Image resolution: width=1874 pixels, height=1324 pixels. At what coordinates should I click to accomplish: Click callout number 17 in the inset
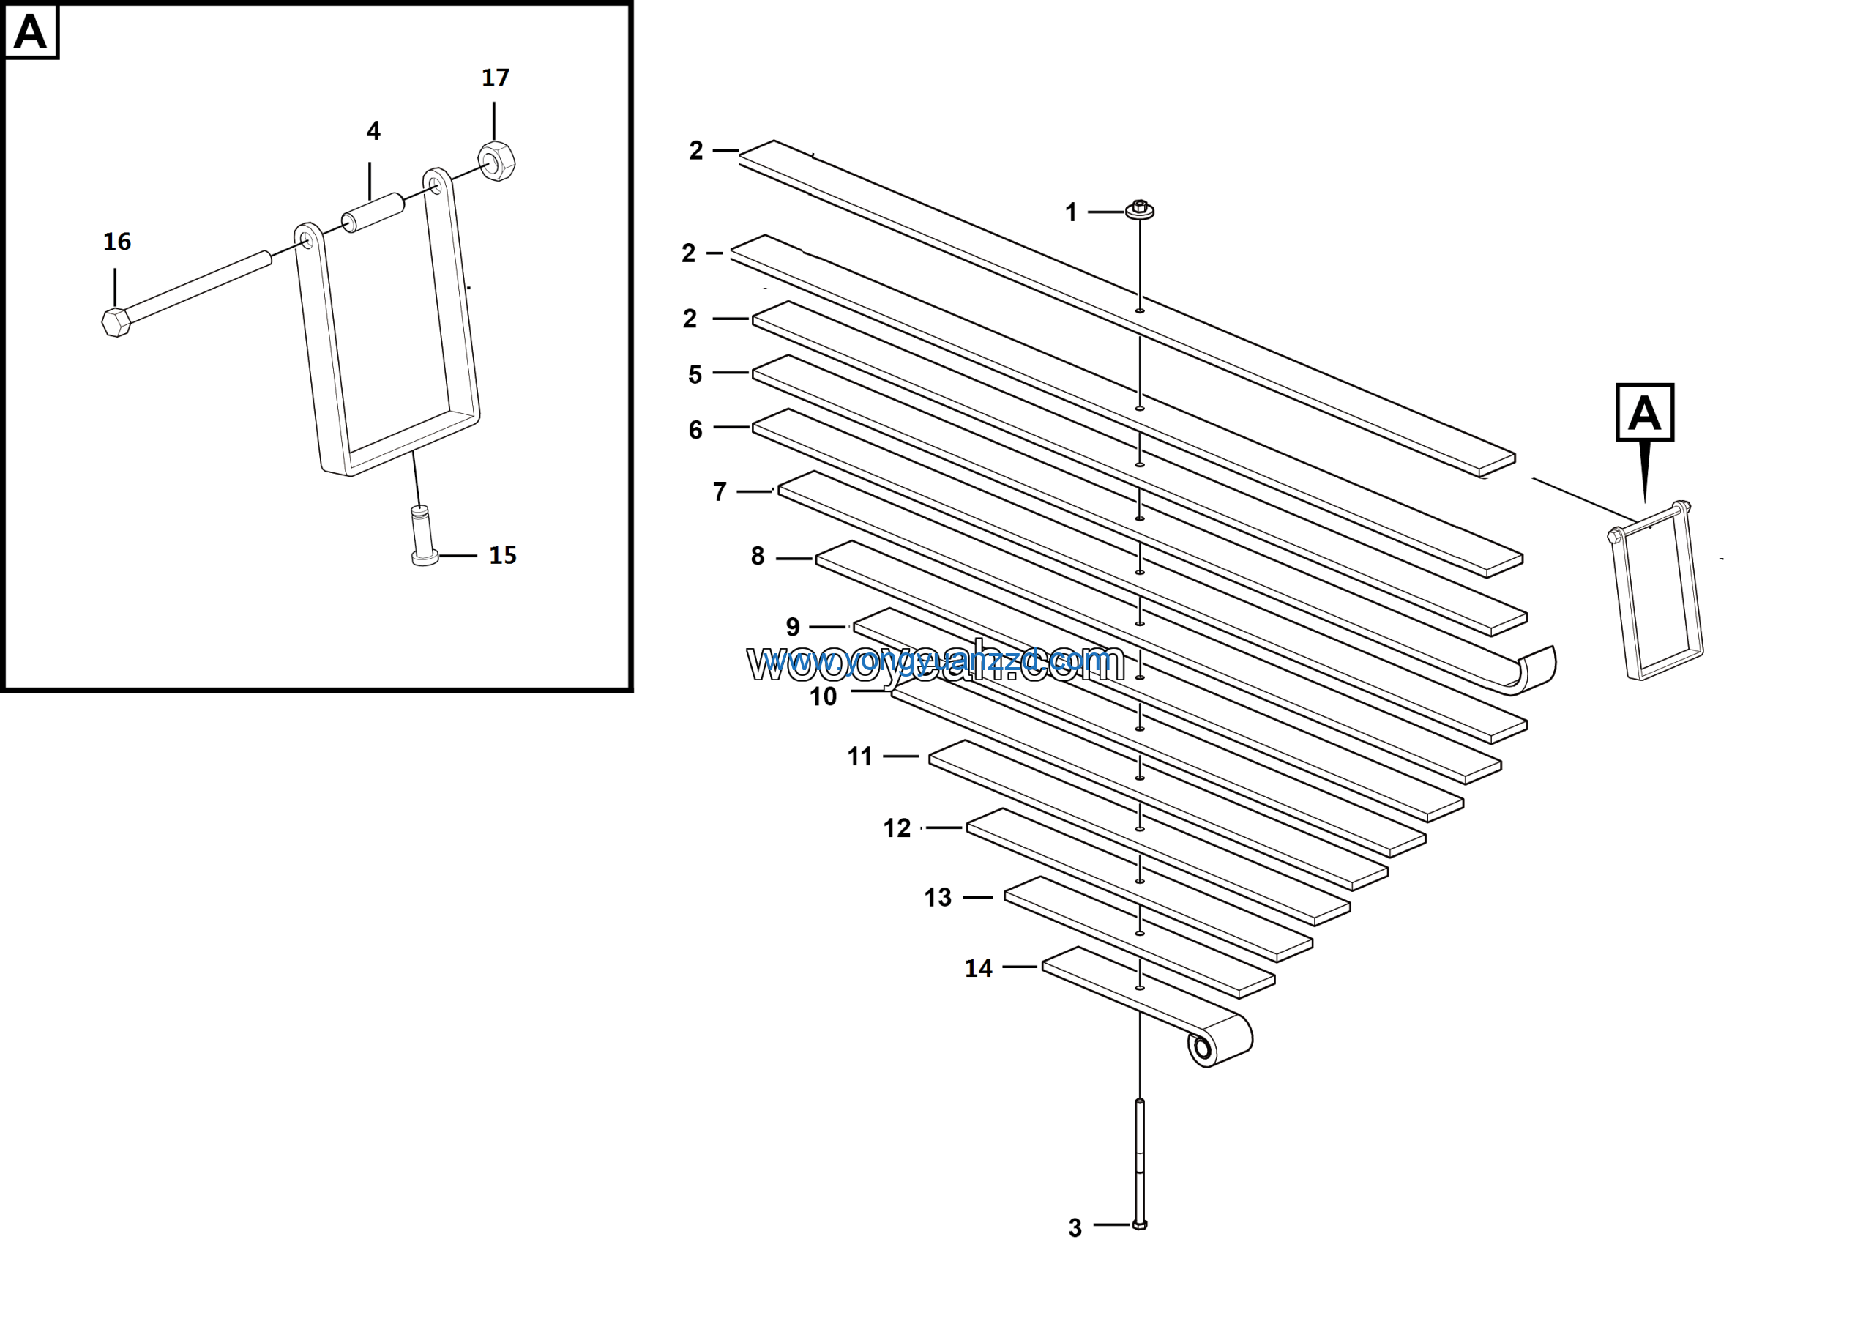pos(496,78)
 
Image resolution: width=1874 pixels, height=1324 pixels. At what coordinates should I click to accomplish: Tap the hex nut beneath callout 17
pos(496,161)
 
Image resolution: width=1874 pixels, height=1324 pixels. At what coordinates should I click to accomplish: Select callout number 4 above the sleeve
pos(373,131)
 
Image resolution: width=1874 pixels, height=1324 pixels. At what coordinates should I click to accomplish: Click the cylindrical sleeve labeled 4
pos(373,212)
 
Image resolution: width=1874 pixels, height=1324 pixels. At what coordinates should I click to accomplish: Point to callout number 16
pos(116,242)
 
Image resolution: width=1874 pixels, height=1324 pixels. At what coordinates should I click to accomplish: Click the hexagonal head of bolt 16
pos(116,321)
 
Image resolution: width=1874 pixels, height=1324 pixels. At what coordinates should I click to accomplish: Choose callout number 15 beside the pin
pos(503,556)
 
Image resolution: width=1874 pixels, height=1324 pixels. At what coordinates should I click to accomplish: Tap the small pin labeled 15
pos(423,535)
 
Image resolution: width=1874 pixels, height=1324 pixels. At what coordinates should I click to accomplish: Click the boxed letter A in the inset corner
pos(31,31)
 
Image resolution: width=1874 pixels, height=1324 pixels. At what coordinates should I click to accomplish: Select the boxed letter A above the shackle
pos(1645,413)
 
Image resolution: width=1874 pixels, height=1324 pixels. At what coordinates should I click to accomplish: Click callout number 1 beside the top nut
pos(1071,213)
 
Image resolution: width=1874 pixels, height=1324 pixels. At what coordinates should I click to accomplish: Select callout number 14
pos(979,969)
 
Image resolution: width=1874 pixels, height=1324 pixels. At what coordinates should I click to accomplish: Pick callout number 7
pos(719,492)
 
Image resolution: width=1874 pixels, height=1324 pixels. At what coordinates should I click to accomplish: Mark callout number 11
pos(859,756)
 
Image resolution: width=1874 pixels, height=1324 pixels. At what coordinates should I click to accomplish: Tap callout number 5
pos(695,375)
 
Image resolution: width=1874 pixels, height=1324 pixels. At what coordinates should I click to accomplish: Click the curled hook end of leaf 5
pos(1534,669)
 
